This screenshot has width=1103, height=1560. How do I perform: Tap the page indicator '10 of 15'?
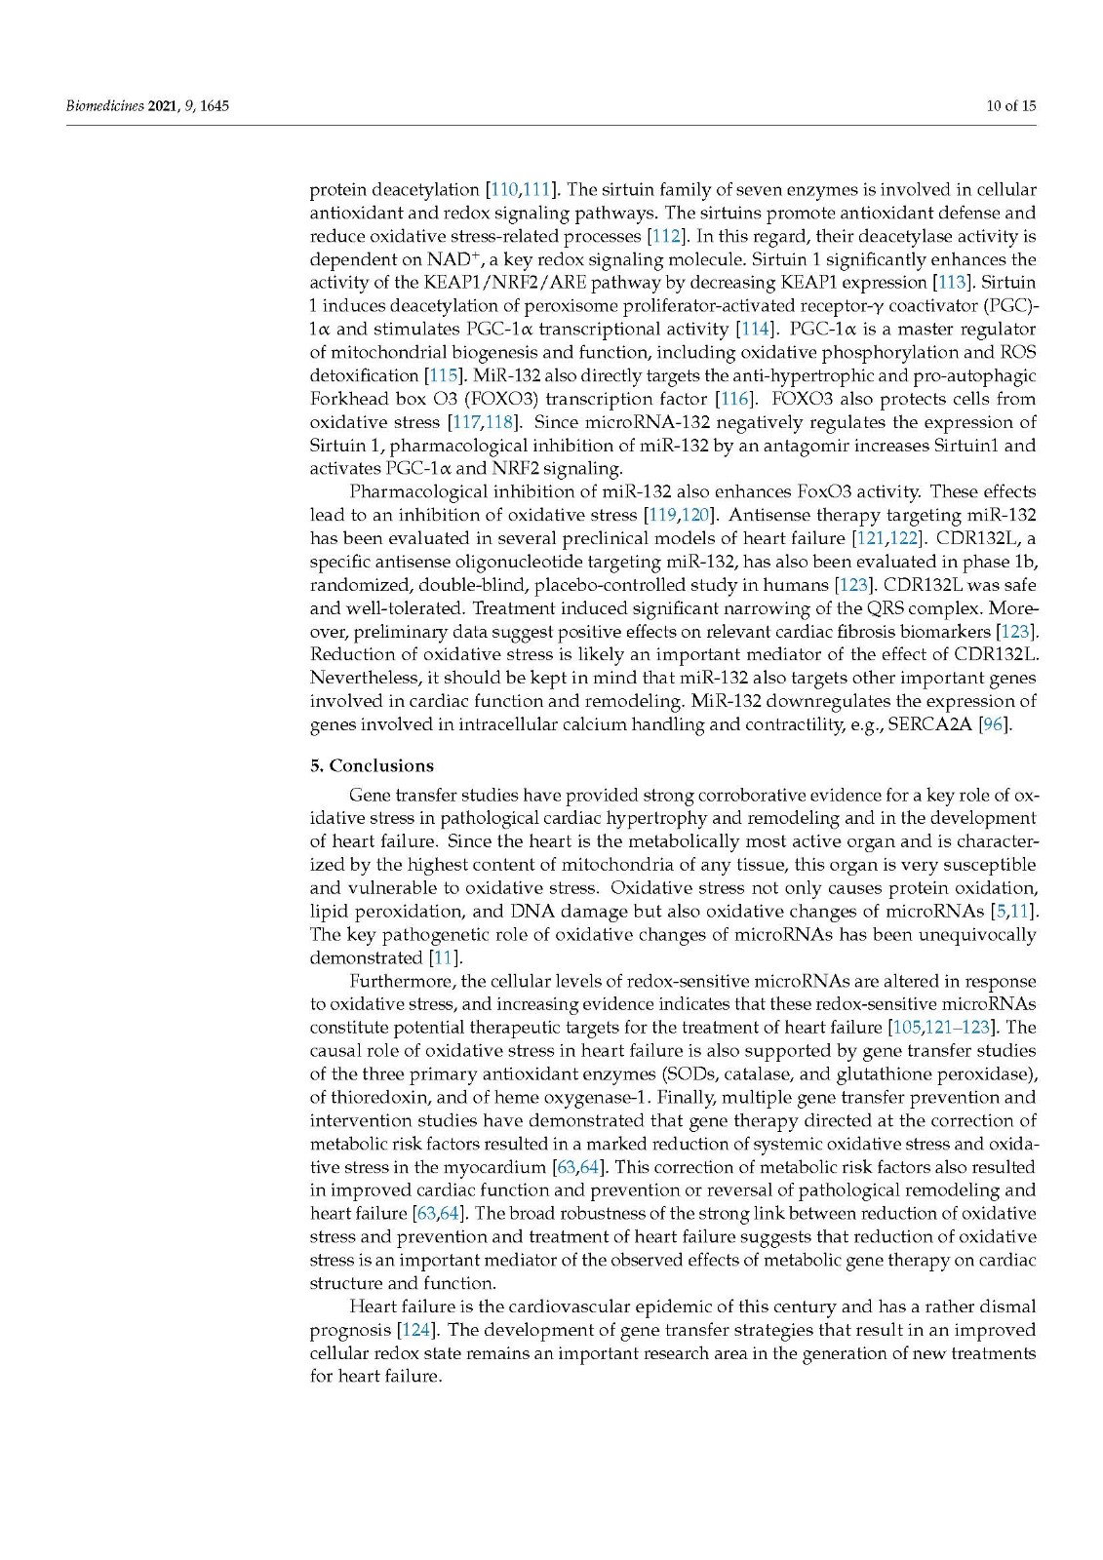point(1011,105)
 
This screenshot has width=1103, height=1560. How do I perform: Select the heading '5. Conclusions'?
point(372,765)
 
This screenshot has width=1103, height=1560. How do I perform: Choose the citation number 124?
point(414,1330)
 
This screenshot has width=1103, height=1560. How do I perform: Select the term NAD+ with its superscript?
point(450,259)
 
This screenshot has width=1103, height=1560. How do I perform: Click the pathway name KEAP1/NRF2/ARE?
point(508,283)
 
